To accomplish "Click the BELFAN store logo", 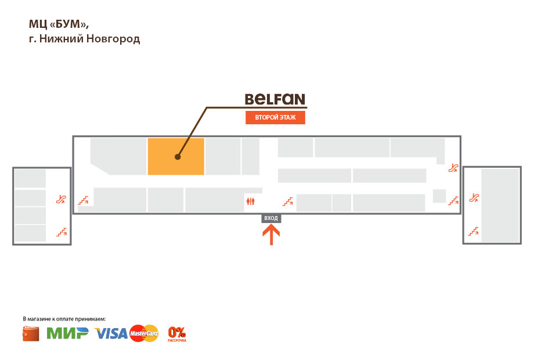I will (275, 99).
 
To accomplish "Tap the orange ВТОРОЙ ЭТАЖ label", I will (275, 118).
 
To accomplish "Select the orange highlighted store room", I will (176, 156).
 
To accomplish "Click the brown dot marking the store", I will (178, 157).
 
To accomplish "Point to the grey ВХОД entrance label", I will (271, 218).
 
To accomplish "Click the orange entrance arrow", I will (271, 235).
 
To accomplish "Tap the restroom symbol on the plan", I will (250, 201).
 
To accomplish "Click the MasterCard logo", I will (144, 333).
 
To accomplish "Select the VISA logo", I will (111, 333).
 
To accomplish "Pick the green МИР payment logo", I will (67, 333).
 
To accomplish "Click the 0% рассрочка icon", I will (177, 333).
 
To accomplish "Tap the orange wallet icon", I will (31, 334).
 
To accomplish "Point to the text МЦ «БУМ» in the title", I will (58, 24).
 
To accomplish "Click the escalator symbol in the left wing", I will (61, 199).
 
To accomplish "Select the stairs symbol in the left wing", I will (61, 232).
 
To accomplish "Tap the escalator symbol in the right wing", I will (474, 197).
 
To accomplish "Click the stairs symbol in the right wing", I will (474, 232).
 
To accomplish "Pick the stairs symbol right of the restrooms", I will (288, 201).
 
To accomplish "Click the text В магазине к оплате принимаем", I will (64, 319).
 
